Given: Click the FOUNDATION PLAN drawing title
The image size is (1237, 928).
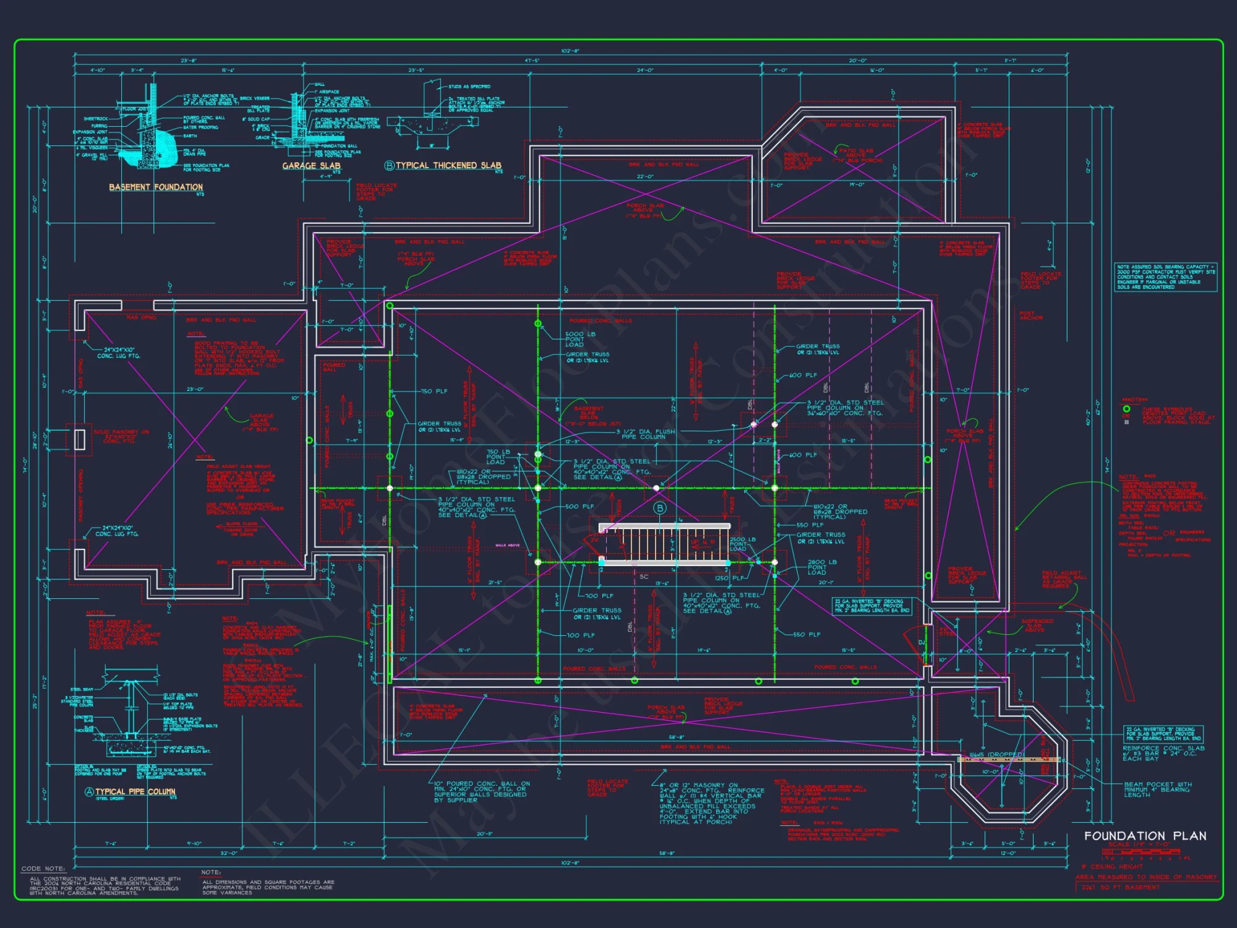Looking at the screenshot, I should [x=1145, y=836].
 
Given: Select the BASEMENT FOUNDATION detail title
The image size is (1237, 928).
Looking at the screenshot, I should [x=156, y=187].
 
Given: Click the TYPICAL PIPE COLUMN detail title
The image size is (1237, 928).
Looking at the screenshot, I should [x=135, y=791].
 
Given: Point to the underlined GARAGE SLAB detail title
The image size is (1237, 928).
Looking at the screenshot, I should [x=311, y=165].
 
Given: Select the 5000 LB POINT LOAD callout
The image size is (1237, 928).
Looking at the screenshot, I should [x=580, y=339].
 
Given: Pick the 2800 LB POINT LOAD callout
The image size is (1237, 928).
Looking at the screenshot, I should [x=822, y=567].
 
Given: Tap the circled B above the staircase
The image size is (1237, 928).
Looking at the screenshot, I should [x=660, y=508].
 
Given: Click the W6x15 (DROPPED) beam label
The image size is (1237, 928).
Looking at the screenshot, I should [x=996, y=755].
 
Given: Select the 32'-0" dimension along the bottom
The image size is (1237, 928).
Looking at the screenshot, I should [x=229, y=853].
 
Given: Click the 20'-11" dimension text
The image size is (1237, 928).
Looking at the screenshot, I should [x=484, y=834].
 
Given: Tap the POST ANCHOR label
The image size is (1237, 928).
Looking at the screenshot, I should [x=1031, y=316].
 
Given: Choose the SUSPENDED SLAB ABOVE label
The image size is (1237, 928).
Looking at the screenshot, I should [x=1037, y=625].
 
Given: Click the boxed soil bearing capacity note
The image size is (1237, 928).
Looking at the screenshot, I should [x=1166, y=277].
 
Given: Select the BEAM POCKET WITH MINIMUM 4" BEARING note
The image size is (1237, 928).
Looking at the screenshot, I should [x=1158, y=789].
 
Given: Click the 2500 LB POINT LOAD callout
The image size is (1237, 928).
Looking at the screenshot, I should [x=742, y=544].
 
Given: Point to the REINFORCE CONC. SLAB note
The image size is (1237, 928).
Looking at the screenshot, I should [x=1163, y=753].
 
